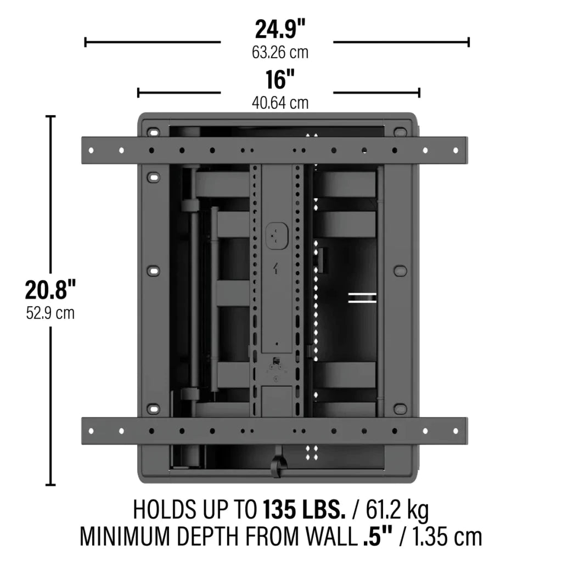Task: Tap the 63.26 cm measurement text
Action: click(x=280, y=53)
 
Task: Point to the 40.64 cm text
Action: click(x=280, y=103)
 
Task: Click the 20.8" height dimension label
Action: click(x=50, y=290)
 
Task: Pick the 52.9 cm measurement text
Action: click(x=50, y=313)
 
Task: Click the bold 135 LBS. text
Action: click(x=305, y=510)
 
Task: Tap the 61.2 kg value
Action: click(x=396, y=510)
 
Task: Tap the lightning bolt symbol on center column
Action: click(x=277, y=269)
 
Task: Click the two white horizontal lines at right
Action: click(x=362, y=297)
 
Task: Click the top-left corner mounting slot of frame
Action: click(x=153, y=132)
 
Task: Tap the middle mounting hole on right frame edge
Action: click(x=400, y=271)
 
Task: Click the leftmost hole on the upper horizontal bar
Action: click(x=92, y=150)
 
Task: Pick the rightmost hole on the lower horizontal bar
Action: click(x=455, y=431)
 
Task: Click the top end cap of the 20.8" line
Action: click(x=50, y=116)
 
